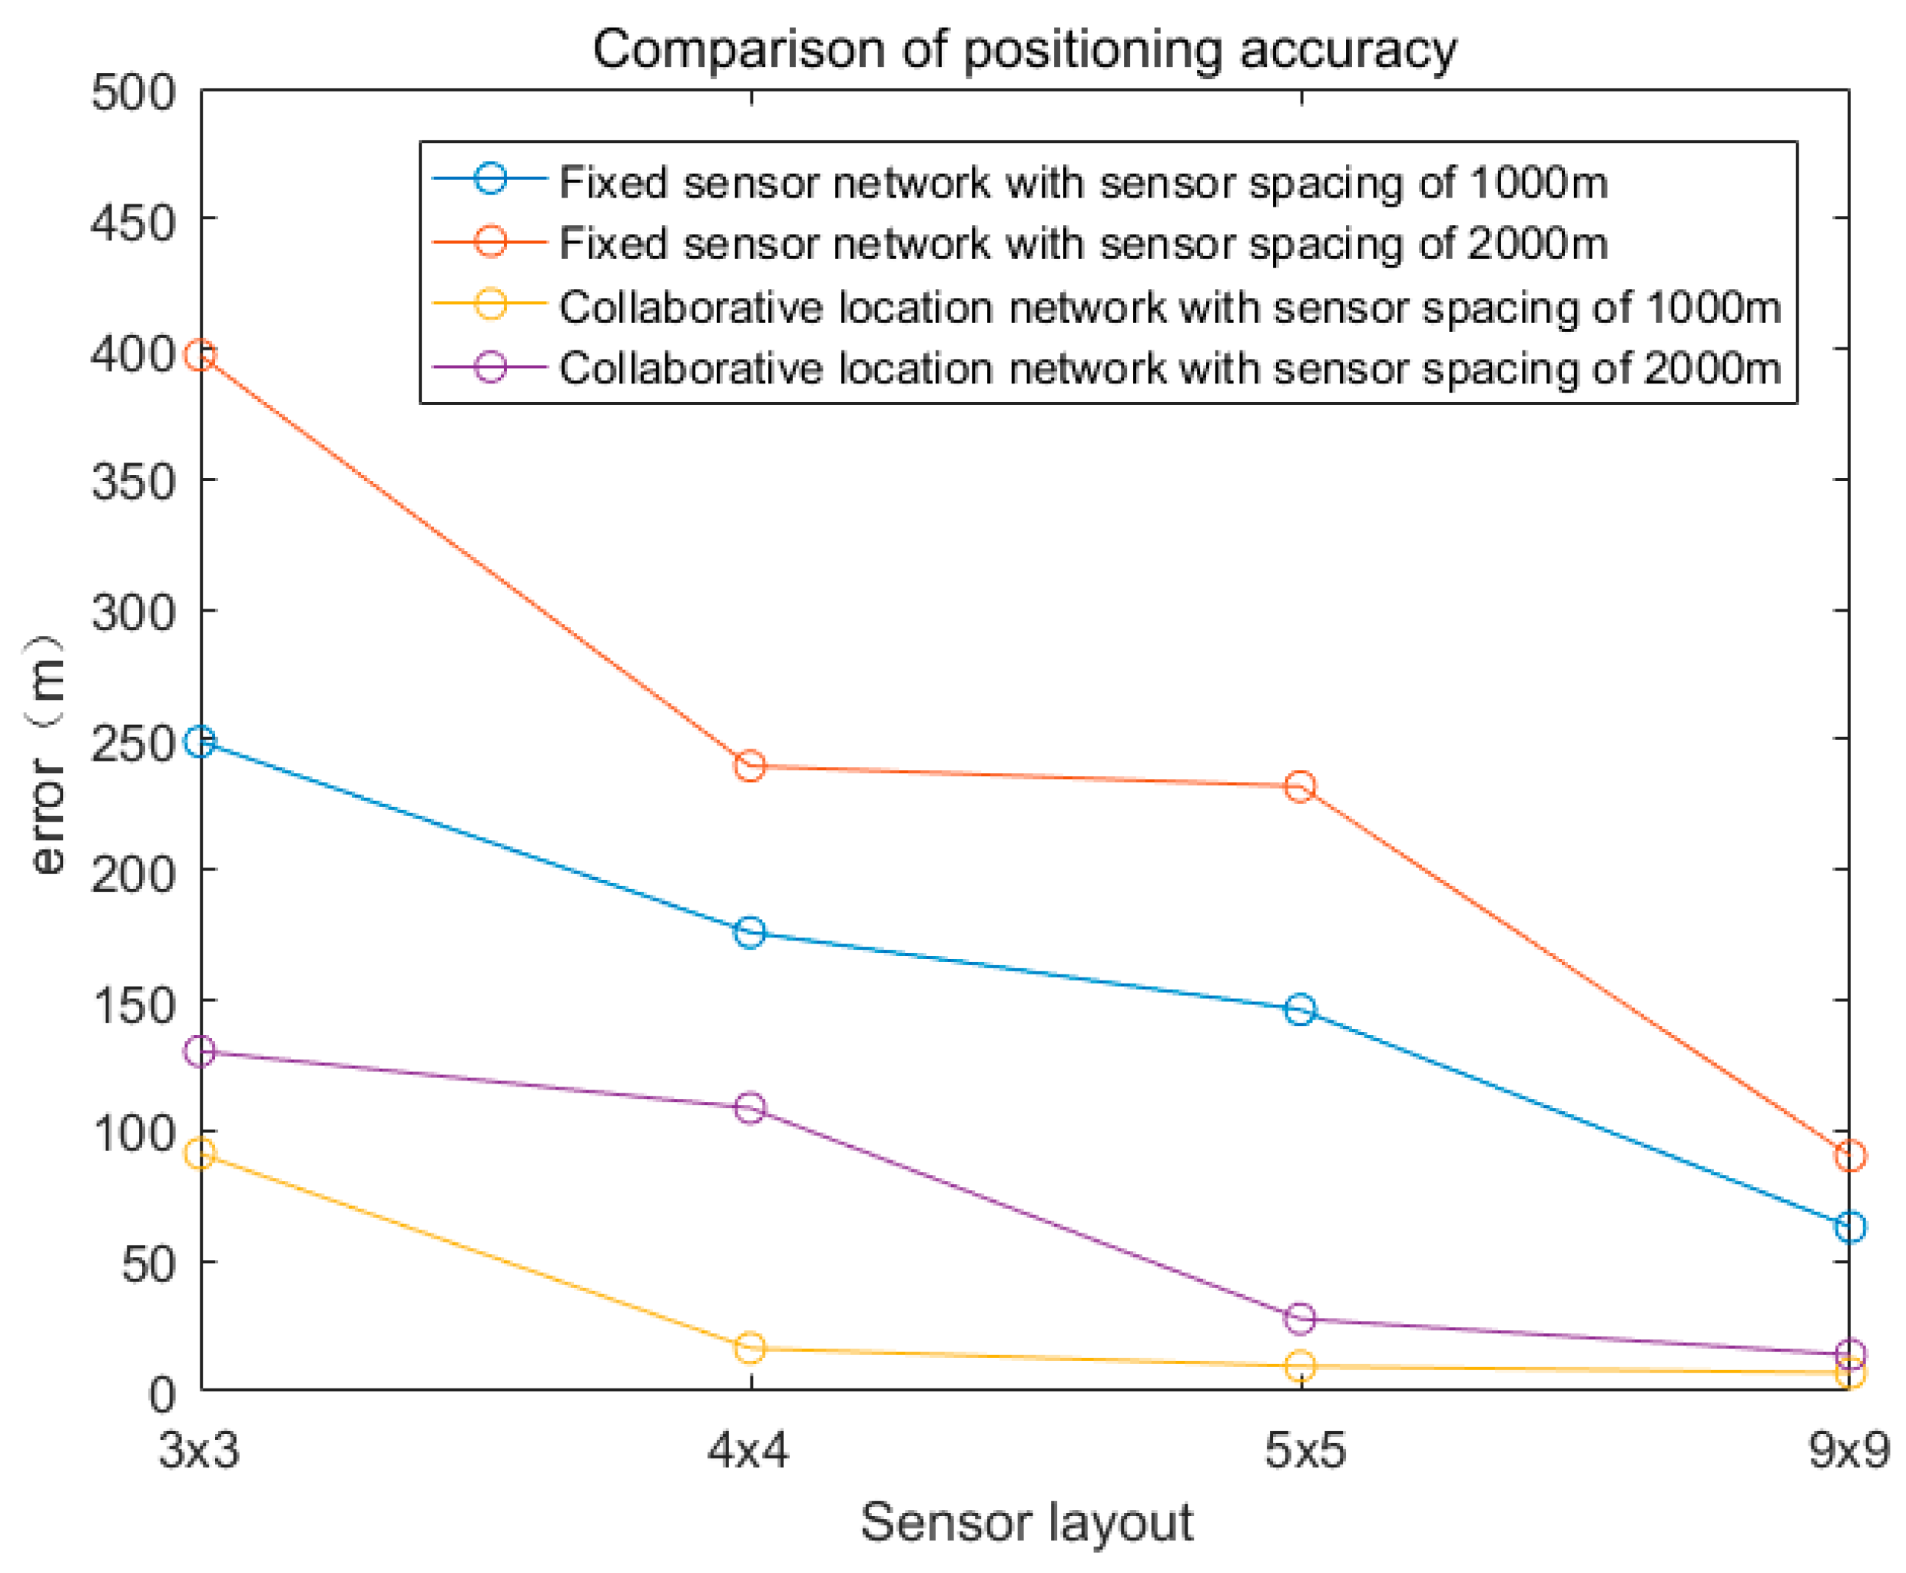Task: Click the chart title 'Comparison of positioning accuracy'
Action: pos(1025,49)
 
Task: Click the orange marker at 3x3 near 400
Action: pos(201,355)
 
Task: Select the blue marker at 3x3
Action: pos(201,742)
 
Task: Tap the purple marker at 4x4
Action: pos(750,1107)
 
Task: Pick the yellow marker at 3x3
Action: pos(201,1153)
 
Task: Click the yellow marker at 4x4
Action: pos(750,1347)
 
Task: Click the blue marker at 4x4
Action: pos(750,931)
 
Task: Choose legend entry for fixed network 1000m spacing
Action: pos(1082,182)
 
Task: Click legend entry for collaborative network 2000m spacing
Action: pos(1168,368)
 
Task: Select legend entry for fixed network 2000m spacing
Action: pos(1082,244)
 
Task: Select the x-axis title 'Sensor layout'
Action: pos(1026,1522)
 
